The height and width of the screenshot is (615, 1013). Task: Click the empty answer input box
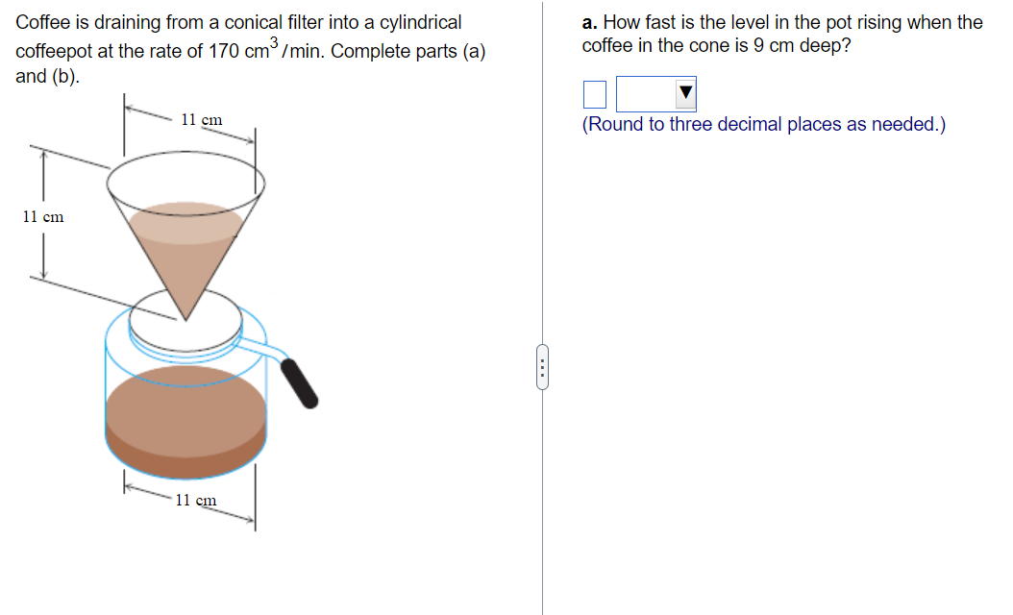(x=595, y=94)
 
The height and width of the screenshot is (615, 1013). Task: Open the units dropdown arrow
(x=684, y=94)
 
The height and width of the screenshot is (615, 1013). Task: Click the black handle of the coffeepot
(x=300, y=383)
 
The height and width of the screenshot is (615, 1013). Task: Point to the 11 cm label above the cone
(x=202, y=120)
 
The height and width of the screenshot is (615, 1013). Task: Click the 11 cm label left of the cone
(x=43, y=217)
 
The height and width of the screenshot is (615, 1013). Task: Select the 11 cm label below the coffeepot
(x=195, y=500)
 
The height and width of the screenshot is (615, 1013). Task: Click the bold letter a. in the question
(x=590, y=22)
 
